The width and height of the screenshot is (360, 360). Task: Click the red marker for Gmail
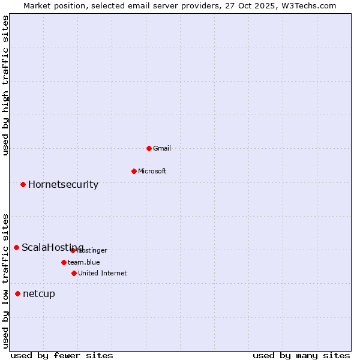click(x=149, y=148)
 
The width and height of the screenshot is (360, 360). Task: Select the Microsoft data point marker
click(x=134, y=171)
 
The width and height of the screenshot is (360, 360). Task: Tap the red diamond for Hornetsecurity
click(x=23, y=184)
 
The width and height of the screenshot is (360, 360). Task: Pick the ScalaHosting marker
click(x=16, y=247)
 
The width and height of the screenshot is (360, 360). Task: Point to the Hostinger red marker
click(x=73, y=250)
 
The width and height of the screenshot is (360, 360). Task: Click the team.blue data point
click(x=64, y=262)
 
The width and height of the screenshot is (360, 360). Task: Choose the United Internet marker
click(x=74, y=273)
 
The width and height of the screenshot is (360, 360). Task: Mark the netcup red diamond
click(x=17, y=293)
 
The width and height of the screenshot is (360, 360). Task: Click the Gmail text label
click(x=162, y=148)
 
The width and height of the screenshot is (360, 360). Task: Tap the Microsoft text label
click(x=152, y=171)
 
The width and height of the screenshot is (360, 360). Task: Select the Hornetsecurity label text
click(x=63, y=184)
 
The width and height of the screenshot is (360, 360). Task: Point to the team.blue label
click(x=84, y=262)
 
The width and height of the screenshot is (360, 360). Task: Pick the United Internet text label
click(x=103, y=273)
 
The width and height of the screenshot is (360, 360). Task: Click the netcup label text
click(x=39, y=293)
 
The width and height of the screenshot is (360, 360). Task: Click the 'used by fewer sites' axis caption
click(x=62, y=355)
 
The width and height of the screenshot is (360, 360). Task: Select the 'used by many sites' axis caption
click(x=301, y=355)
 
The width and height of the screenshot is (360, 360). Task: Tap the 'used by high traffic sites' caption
click(x=5, y=85)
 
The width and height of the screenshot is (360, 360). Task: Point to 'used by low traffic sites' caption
click(x=5, y=281)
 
